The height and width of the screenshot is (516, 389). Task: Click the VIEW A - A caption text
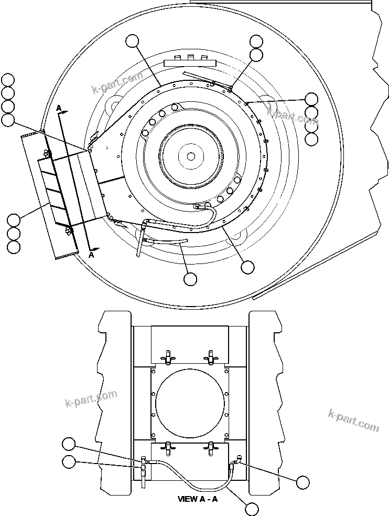(x=197, y=499)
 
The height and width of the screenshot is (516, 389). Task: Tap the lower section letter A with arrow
(x=91, y=255)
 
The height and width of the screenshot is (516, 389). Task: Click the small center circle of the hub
(x=191, y=156)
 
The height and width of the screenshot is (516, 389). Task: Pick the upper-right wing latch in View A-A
(x=211, y=356)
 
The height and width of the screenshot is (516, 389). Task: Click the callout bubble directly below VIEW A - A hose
(x=252, y=508)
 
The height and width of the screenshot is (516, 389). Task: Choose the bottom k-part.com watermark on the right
(x=353, y=420)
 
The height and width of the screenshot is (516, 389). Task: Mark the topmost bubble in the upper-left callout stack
(x=8, y=80)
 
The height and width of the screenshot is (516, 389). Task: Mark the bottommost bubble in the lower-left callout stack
(x=14, y=246)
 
